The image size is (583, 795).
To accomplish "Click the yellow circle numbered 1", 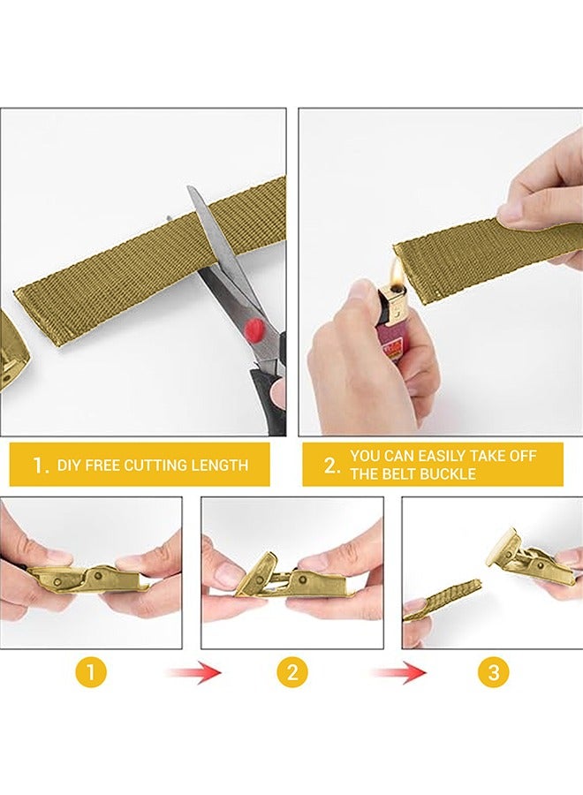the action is pyautogui.click(x=91, y=673).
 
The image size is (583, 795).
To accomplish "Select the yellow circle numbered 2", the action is pyautogui.click(x=292, y=673).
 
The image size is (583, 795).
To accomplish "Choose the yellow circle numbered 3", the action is pyautogui.click(x=493, y=673).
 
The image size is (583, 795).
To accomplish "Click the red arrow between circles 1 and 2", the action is pyautogui.click(x=193, y=673).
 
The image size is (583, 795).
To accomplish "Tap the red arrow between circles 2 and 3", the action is pyautogui.click(x=398, y=673).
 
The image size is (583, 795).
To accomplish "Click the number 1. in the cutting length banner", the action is pyautogui.click(x=41, y=466).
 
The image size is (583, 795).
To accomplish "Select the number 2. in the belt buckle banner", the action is pyautogui.click(x=331, y=466).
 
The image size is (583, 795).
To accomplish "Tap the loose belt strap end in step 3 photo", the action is pyautogui.click(x=442, y=600).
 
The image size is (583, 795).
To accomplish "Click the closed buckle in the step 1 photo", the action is pyautogui.click(x=88, y=580).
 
